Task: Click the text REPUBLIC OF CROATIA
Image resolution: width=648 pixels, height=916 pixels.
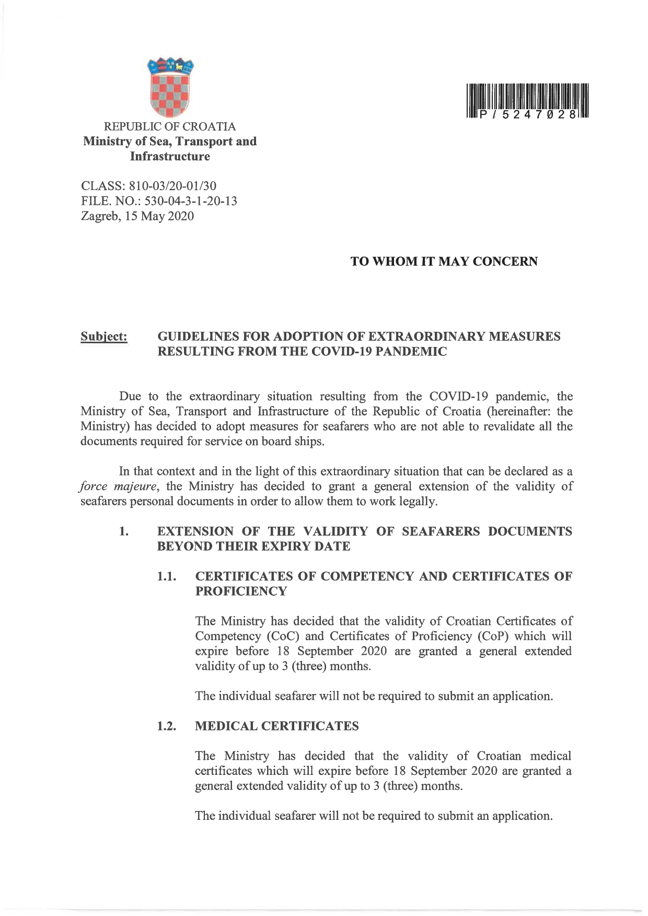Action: tap(170, 126)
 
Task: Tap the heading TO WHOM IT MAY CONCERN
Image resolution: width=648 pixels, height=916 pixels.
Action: tap(444, 261)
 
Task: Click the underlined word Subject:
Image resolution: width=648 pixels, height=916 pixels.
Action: tap(104, 337)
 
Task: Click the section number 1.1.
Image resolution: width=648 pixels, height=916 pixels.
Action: tap(167, 576)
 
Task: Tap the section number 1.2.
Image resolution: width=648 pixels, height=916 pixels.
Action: tap(167, 726)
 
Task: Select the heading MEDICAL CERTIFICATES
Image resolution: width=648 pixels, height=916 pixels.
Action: tap(276, 726)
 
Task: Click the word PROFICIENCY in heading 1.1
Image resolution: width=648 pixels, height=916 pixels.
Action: tap(241, 592)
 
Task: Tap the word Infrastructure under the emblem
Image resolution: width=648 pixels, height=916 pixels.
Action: tap(170, 156)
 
